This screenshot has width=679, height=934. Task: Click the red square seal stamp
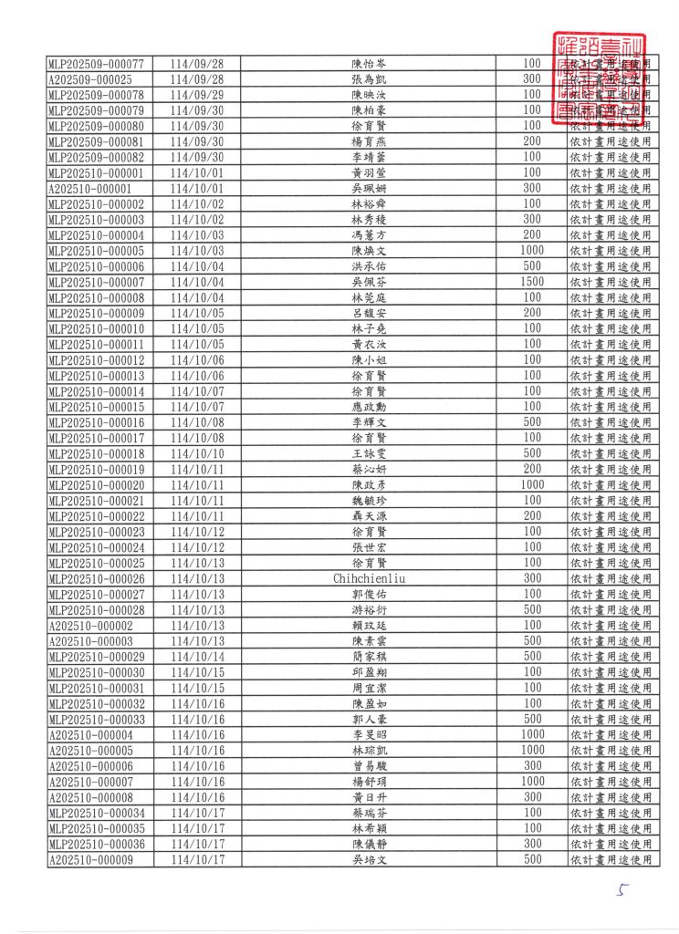point(599,79)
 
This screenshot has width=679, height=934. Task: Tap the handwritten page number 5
point(623,891)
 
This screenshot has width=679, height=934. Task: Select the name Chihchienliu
point(370,578)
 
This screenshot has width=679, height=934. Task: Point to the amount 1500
point(532,282)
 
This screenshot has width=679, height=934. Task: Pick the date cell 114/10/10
point(197,453)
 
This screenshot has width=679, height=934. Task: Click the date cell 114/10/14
point(197,657)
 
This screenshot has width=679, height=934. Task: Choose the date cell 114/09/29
point(197,95)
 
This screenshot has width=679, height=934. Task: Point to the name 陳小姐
point(370,359)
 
